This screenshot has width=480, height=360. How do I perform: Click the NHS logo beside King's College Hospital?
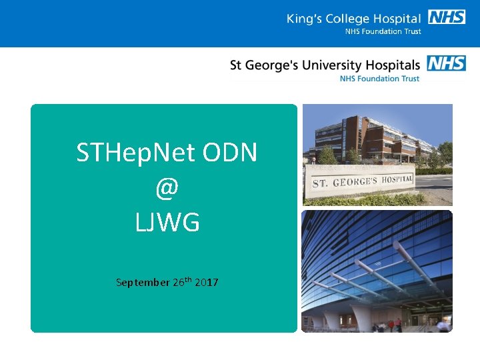[447, 17]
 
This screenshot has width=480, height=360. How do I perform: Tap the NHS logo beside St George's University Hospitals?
[446, 64]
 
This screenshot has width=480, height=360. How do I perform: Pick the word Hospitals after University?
[391, 65]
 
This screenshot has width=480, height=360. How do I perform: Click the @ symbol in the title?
[167, 189]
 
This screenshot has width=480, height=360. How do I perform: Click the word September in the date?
[143, 283]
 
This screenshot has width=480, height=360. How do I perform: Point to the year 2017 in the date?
[207, 283]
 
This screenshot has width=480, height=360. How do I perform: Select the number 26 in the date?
[179, 283]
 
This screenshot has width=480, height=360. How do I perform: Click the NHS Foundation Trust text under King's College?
[383, 31]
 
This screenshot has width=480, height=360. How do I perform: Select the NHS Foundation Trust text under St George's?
[379, 78]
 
